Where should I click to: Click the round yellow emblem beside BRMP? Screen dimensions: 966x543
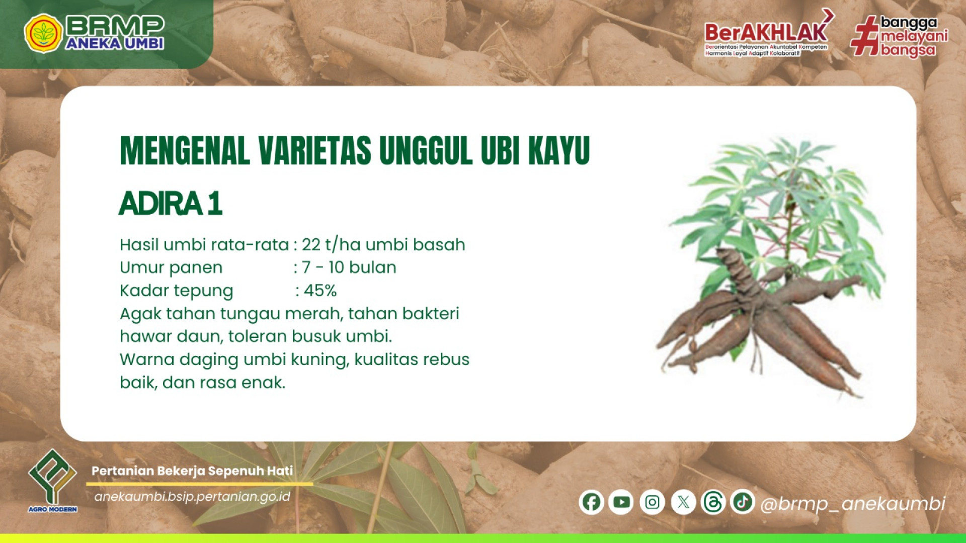[43, 33]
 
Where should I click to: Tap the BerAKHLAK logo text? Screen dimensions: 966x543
[766, 33]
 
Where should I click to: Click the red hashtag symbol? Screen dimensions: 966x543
[864, 35]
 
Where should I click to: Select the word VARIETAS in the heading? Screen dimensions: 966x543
[315, 150]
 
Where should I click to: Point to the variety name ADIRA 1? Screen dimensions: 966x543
[171, 204]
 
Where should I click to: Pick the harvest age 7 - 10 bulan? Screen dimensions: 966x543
[349, 267]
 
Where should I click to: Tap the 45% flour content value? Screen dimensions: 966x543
[320, 291]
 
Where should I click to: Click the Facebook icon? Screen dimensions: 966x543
[591, 502]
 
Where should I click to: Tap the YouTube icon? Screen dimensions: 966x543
[621, 502]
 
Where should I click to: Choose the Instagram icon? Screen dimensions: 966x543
[652, 502]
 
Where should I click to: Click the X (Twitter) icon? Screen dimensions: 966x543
[683, 502]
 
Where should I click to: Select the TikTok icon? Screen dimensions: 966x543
[743, 502]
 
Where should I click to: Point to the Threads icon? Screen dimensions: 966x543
[713, 502]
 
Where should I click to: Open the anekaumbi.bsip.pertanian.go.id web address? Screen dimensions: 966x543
[192, 497]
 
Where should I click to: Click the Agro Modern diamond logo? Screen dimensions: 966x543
[53, 477]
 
